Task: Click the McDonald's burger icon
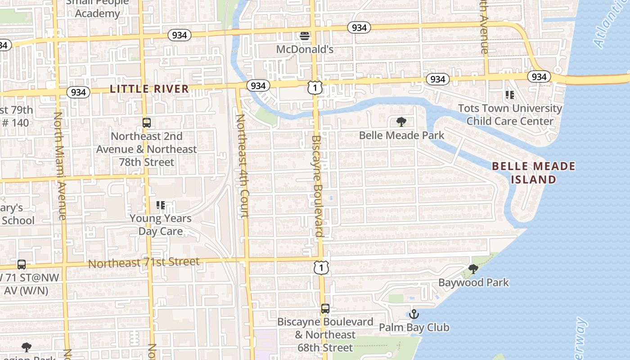(305, 36)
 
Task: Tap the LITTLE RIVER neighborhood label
(149, 89)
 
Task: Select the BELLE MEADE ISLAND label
(534, 173)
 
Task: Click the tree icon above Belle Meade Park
(401, 122)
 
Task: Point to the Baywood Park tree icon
(473, 269)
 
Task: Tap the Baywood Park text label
(473, 283)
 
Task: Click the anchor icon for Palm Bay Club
(414, 314)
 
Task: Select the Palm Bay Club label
(414, 328)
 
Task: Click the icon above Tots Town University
(510, 95)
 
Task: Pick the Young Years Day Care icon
(161, 206)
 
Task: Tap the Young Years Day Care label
(161, 225)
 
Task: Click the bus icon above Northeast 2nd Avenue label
(146, 122)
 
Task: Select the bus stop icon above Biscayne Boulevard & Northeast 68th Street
(325, 309)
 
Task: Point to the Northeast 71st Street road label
(144, 262)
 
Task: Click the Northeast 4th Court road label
(242, 166)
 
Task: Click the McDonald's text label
(305, 49)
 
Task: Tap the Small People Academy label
(97, 8)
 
